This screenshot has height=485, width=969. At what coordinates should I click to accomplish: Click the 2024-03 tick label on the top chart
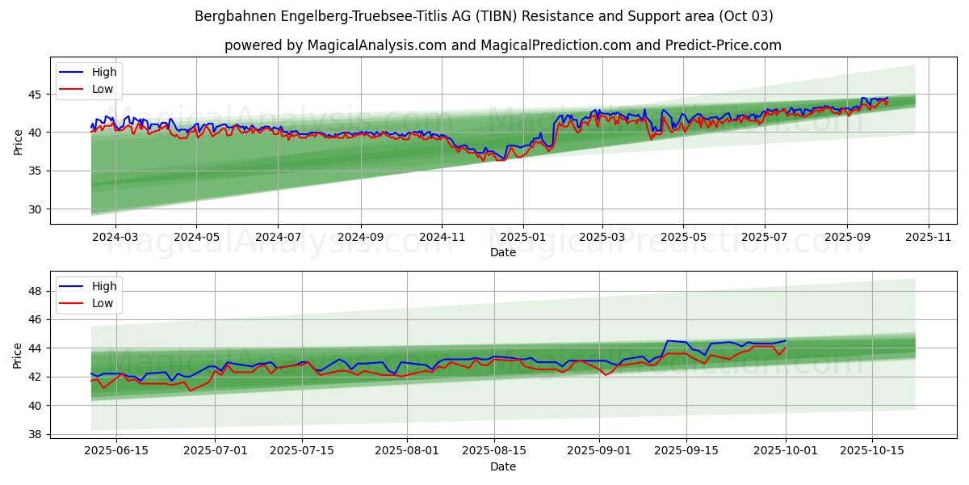[x=115, y=237]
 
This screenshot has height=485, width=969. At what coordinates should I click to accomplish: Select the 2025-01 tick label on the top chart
[x=522, y=237]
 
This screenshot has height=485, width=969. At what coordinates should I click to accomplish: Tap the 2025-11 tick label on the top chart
[x=929, y=237]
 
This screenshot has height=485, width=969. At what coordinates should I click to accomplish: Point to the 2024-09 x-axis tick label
[x=359, y=237]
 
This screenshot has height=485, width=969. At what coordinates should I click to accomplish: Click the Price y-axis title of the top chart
[x=19, y=141]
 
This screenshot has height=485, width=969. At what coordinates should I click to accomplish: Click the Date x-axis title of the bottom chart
[x=502, y=466]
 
